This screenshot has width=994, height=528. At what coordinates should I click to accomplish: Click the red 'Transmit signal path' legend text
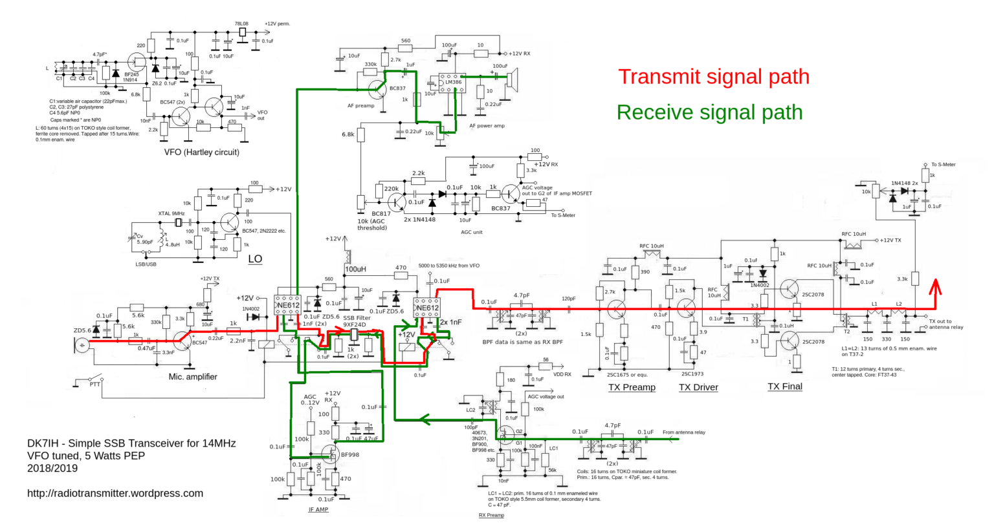coord(713,77)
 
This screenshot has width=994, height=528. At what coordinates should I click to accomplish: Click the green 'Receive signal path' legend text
coord(709,112)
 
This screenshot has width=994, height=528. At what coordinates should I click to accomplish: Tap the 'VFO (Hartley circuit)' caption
coord(201,153)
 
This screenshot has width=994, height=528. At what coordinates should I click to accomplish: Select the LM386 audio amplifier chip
coord(451,83)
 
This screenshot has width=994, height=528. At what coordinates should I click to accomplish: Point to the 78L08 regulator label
coord(242,24)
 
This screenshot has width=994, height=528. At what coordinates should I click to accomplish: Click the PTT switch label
coord(94,384)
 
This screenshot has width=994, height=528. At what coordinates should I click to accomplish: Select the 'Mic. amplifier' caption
coord(193,377)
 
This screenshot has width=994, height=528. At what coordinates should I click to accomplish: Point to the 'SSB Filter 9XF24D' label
coord(357,321)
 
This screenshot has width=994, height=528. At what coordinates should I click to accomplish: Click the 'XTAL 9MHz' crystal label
coord(171,214)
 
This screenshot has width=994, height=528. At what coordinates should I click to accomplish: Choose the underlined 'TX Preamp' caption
coord(632,387)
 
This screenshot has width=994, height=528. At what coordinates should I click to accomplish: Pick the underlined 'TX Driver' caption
coord(698,387)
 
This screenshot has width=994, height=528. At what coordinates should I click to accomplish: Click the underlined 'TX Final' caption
coord(784,386)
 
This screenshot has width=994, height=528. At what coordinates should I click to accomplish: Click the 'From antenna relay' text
coord(683,432)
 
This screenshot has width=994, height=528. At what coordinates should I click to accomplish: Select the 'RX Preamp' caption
coord(491,515)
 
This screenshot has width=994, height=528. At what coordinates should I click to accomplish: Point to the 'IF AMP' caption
coord(318,509)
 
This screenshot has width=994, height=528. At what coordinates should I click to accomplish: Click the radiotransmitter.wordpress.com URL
coord(115,493)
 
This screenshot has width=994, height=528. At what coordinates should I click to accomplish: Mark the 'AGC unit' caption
coord(471,232)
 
